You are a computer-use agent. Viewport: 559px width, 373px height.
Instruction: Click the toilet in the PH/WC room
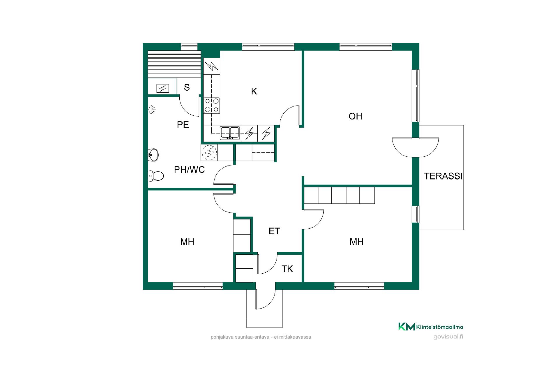[x=156, y=176]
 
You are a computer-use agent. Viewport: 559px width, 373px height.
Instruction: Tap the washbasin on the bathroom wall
[x=153, y=154]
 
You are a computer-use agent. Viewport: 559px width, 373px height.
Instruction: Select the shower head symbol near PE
[x=152, y=110]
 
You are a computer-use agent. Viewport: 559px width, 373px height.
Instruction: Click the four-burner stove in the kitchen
[x=212, y=105]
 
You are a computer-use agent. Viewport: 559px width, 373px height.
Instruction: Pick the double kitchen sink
[x=230, y=133]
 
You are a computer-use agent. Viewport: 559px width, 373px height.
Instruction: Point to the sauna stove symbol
[x=162, y=88]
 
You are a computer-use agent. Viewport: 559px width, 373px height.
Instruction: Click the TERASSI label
[x=443, y=176]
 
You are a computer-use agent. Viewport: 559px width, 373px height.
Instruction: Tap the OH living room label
[x=355, y=116]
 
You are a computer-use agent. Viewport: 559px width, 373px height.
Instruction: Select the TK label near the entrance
[x=287, y=269]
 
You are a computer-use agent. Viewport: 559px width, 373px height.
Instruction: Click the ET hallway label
[x=274, y=231]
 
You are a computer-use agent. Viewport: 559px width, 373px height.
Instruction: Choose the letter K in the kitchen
[x=254, y=92]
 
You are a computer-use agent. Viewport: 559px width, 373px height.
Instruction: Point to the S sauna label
[x=187, y=87]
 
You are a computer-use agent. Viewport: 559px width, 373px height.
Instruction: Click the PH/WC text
[x=190, y=170]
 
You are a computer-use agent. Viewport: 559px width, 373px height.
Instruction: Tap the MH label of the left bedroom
[x=187, y=242]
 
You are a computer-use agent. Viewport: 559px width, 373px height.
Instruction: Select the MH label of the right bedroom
[x=357, y=242]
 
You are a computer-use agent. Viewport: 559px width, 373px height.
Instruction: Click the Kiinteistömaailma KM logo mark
[x=407, y=327]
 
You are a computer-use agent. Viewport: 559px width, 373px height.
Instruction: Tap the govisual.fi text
[x=448, y=337]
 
